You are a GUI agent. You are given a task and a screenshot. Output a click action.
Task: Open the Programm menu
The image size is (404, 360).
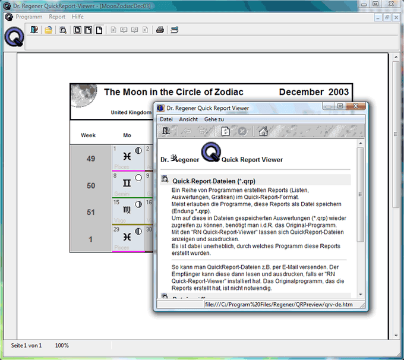coord(29,17)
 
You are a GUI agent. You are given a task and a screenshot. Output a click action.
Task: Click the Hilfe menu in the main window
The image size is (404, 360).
coord(77,17)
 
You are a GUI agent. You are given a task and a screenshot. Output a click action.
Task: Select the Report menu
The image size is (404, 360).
coord(57,17)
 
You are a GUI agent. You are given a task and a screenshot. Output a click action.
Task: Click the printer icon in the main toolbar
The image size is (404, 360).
coord(160,30)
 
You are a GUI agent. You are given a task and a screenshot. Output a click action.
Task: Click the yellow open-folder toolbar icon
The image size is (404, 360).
coord(48,30)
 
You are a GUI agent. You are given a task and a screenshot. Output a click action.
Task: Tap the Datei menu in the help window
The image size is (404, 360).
coord(166,119)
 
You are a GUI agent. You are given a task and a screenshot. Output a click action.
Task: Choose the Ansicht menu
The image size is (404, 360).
coord(188,119)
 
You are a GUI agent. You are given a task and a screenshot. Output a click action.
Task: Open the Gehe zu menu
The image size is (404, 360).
coord(214,119)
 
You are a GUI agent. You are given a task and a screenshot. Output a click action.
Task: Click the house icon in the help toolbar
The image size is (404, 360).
coord(263,131)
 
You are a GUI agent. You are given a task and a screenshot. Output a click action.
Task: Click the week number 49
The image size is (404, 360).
coord(91,159)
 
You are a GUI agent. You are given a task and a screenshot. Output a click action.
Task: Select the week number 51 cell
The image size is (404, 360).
coord(91,212)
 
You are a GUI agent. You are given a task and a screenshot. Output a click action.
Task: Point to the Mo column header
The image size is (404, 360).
coord(127,135)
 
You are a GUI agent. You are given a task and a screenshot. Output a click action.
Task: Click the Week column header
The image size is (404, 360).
coord(89,135)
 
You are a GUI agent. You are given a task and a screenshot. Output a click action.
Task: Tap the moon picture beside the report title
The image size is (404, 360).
coord(84,95)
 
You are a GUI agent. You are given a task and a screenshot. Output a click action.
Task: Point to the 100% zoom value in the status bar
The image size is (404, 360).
coord(62,345)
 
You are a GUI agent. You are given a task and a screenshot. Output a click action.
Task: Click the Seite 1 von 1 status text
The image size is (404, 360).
coord(27,345)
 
